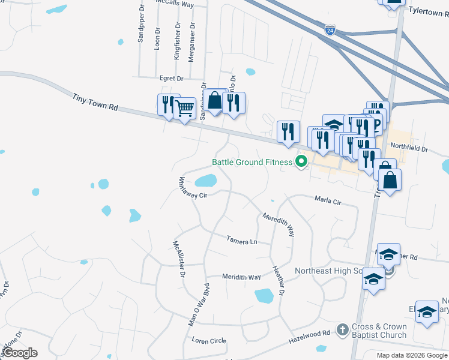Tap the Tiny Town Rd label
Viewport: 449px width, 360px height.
95,101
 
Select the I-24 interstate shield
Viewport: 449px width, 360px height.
330,29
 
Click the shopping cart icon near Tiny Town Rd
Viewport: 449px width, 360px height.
185,109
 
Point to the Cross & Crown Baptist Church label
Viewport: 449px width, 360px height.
380,331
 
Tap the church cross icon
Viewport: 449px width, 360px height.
342,329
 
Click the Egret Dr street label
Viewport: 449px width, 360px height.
171,79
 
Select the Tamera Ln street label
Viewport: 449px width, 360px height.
241,241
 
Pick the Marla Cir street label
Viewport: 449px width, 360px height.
327,200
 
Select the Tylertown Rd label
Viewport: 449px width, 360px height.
429,10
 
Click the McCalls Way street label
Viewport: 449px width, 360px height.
175,4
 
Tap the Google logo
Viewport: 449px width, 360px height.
20,353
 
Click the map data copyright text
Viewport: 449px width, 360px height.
412,355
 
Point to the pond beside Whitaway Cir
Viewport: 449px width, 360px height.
205,180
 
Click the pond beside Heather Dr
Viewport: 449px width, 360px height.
264,295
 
